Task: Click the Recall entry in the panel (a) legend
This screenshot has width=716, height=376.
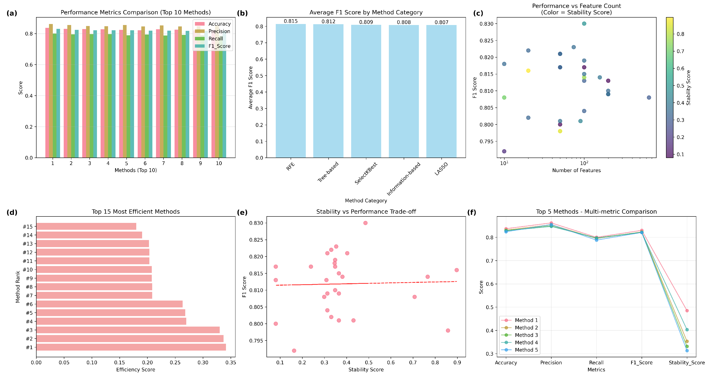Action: click(215, 39)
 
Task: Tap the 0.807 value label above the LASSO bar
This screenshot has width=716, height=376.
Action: click(441, 22)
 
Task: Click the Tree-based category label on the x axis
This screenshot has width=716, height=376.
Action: click(328, 172)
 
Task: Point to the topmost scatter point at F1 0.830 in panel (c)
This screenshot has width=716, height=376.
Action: click(584, 24)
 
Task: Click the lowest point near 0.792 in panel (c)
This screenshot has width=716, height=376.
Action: click(504, 151)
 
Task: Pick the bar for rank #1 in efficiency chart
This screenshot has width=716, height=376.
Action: click(131, 347)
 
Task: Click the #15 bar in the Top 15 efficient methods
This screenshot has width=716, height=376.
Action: click(86, 226)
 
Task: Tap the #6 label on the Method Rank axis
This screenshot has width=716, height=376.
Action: click(29, 304)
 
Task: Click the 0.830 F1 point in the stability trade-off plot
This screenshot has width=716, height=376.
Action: click(365, 223)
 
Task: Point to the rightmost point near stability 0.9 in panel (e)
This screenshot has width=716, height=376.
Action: click(456, 270)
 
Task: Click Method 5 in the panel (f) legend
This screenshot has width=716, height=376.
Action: click(526, 350)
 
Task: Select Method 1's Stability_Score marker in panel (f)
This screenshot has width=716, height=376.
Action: click(687, 311)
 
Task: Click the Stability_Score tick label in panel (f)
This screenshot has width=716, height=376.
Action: click(687, 363)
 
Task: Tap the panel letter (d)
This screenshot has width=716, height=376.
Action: click(12, 212)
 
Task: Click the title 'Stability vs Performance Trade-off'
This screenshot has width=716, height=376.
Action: click(366, 212)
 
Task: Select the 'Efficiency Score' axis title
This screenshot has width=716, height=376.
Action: click(136, 370)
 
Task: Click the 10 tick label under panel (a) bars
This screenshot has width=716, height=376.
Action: click(219, 163)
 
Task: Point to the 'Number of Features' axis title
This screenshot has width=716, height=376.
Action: click(576, 170)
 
